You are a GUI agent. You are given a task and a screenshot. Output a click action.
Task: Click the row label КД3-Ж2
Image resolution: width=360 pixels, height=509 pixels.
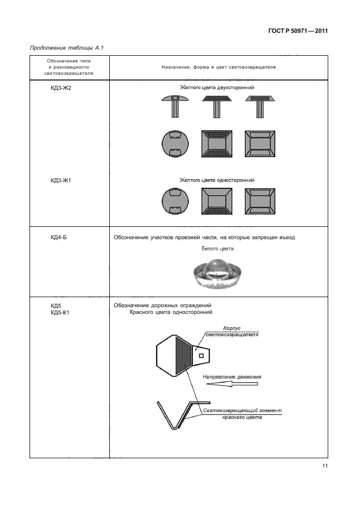[x=62, y=88]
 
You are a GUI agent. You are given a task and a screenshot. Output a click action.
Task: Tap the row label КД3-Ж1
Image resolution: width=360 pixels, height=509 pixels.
[x=62, y=180]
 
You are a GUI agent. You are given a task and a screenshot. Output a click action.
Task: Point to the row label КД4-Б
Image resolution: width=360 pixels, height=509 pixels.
[x=59, y=237]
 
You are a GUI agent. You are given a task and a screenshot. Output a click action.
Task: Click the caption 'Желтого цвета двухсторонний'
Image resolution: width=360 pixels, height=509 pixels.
[x=217, y=88]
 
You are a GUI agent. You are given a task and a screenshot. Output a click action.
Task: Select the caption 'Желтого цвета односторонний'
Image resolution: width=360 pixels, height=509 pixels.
[x=217, y=180]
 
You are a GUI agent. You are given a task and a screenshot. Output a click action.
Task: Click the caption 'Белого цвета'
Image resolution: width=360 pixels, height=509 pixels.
[x=217, y=249]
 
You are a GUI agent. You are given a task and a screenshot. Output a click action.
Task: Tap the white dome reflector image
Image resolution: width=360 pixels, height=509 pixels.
[x=217, y=273]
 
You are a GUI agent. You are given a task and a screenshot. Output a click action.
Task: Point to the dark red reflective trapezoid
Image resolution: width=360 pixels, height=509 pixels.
[x=183, y=355]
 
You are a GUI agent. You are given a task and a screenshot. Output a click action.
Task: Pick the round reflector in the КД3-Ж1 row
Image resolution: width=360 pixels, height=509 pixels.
[x=174, y=202]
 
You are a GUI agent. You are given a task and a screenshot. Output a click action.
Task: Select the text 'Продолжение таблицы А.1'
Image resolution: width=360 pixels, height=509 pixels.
[x=65, y=49]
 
